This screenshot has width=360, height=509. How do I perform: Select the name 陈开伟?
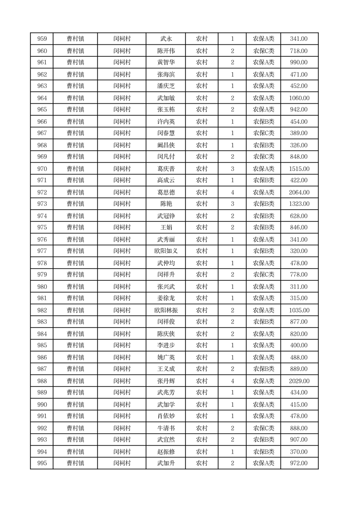[x=165, y=51]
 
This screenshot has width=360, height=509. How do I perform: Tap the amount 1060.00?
[x=299, y=98]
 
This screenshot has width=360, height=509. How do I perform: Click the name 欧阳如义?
[x=165, y=251]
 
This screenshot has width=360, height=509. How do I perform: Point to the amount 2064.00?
[x=299, y=192]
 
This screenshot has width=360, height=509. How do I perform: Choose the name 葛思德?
[x=165, y=192]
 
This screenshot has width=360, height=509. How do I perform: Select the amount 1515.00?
[x=299, y=169]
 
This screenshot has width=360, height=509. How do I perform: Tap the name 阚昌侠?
[x=165, y=145]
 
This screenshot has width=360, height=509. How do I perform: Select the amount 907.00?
[x=299, y=440]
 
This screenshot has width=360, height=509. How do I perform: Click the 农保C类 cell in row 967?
[x=263, y=133]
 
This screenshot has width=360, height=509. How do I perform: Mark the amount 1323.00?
[x=299, y=204]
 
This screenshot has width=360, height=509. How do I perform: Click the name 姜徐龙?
[x=165, y=298]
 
